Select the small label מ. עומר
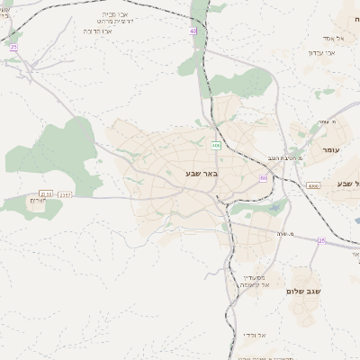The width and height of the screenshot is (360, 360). pyautogui.click(x=327, y=121)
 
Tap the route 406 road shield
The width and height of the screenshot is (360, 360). pyautogui.click(x=216, y=145)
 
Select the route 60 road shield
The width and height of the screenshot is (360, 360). pyautogui.click(x=264, y=178)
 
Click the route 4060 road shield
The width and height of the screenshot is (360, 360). pyautogui.click(x=312, y=185)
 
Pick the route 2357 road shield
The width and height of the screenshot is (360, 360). pyautogui.click(x=65, y=193)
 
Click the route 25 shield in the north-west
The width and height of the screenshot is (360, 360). pyautogui.click(x=13, y=46)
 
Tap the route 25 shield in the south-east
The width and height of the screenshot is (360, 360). pyautogui.click(x=321, y=240)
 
